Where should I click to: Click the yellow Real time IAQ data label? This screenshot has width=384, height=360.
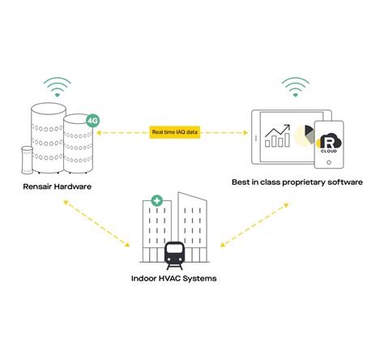click(x=174, y=132)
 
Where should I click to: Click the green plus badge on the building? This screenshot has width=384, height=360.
click(x=154, y=199)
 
